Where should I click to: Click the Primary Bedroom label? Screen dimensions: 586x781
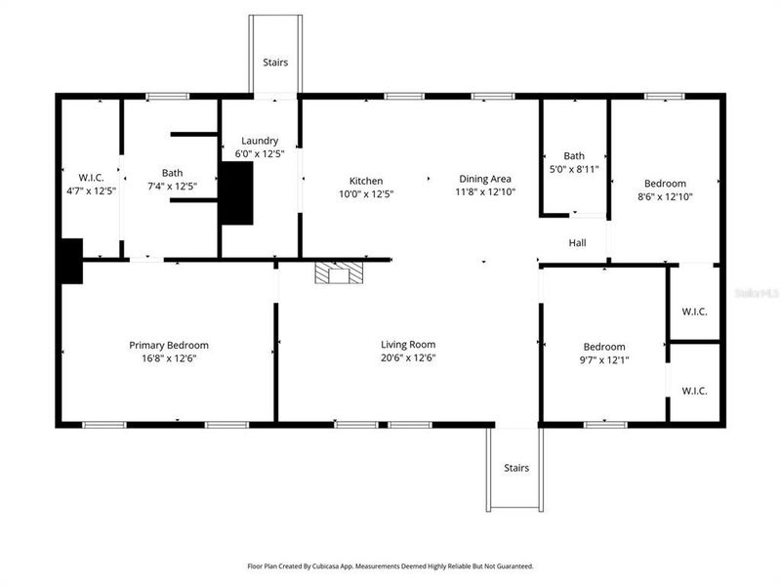(169, 345)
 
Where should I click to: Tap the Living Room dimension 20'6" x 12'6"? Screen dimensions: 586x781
(408, 357)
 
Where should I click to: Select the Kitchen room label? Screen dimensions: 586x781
(366, 180)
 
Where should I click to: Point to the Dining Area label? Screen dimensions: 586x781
(486, 179)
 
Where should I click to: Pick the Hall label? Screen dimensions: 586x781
(577, 243)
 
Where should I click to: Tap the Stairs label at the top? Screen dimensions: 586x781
(274, 63)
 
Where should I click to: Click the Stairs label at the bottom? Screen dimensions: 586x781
(516, 468)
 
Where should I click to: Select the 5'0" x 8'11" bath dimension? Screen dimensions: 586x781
(574, 169)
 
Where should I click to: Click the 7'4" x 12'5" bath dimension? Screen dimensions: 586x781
(173, 186)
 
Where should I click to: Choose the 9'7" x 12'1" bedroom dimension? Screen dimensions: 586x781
(604, 360)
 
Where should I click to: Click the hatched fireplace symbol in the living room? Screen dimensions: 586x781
(338, 272)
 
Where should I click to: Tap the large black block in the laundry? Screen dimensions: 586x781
(236, 192)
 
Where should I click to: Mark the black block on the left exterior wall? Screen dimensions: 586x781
(69, 261)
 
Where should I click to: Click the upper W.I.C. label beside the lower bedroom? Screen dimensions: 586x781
(694, 312)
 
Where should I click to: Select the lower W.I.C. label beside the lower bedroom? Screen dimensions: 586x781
(694, 391)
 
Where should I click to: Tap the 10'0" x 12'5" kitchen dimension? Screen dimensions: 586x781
(366, 193)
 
